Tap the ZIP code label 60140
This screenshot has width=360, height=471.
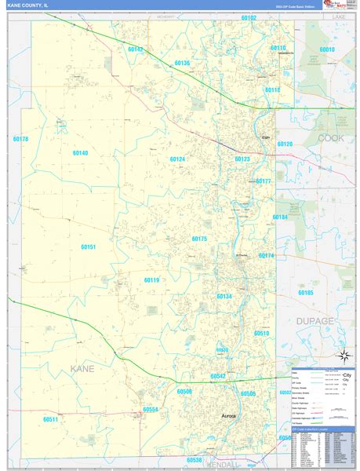point(80,153)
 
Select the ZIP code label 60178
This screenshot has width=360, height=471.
point(20,139)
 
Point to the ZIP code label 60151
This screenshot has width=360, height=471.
point(88,246)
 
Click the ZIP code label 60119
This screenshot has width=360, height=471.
point(151,279)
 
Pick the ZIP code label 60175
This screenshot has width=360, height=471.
point(199,239)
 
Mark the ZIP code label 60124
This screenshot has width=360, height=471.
point(177,159)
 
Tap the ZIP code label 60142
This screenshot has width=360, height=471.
point(136,50)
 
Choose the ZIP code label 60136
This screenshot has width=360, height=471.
point(182,63)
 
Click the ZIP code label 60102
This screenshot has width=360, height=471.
point(249,17)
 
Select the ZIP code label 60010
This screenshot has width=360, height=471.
point(326,49)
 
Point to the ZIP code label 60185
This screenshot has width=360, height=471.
point(306,293)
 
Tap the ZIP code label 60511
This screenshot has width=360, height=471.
point(51,420)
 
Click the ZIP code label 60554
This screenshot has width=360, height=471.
point(151,409)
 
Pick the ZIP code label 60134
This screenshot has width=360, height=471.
point(224,296)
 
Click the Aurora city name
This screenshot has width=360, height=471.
point(227,416)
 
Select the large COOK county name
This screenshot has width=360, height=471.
point(329,138)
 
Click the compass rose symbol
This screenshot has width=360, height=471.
point(342,356)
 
